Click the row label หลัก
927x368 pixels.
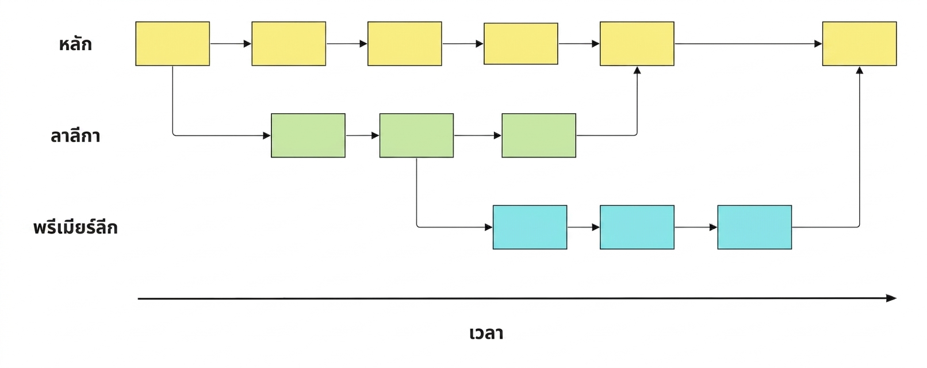coord(75,44)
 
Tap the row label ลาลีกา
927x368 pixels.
coord(75,136)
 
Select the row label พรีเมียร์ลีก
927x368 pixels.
coord(75,227)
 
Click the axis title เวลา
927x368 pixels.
coord(487,333)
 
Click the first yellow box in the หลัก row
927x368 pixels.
coord(173,44)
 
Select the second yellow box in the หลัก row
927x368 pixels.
coord(289,44)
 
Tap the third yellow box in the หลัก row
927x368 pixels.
coord(405,44)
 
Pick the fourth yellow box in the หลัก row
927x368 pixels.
coord(521,44)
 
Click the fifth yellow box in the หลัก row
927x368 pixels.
coord(637,44)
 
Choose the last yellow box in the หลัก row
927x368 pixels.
coord(860,44)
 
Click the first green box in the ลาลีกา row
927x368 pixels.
coord(308,135)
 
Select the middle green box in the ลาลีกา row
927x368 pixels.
coord(416,135)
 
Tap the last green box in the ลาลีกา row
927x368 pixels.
coord(539,135)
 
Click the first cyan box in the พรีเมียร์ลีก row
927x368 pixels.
coord(530,227)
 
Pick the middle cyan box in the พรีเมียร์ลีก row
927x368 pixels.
coord(637,227)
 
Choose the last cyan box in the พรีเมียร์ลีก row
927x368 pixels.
coord(755,227)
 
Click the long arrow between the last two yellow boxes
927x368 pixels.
coord(748,44)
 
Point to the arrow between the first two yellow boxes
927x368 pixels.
coord(231,44)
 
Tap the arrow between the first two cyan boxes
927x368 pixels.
coord(584,227)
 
